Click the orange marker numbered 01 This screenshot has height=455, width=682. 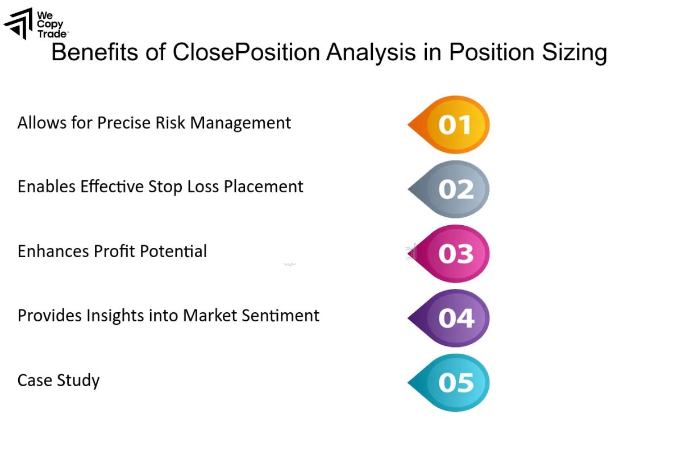pos(452,125)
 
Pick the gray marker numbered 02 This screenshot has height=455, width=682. pos(452,189)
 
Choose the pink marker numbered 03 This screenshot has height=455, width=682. pos(452,254)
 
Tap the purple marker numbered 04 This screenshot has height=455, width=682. pos(452,318)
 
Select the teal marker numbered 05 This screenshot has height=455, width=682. pos(452,383)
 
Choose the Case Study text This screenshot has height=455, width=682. pos(59,380)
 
